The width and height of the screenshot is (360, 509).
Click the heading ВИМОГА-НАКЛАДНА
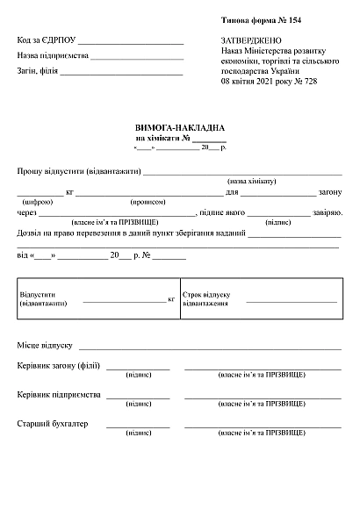click(x=180, y=127)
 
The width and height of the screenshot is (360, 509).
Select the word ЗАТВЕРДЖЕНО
click(x=252, y=40)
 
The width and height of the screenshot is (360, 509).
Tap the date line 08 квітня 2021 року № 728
click(x=269, y=81)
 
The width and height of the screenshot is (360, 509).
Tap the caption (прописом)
click(x=148, y=202)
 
